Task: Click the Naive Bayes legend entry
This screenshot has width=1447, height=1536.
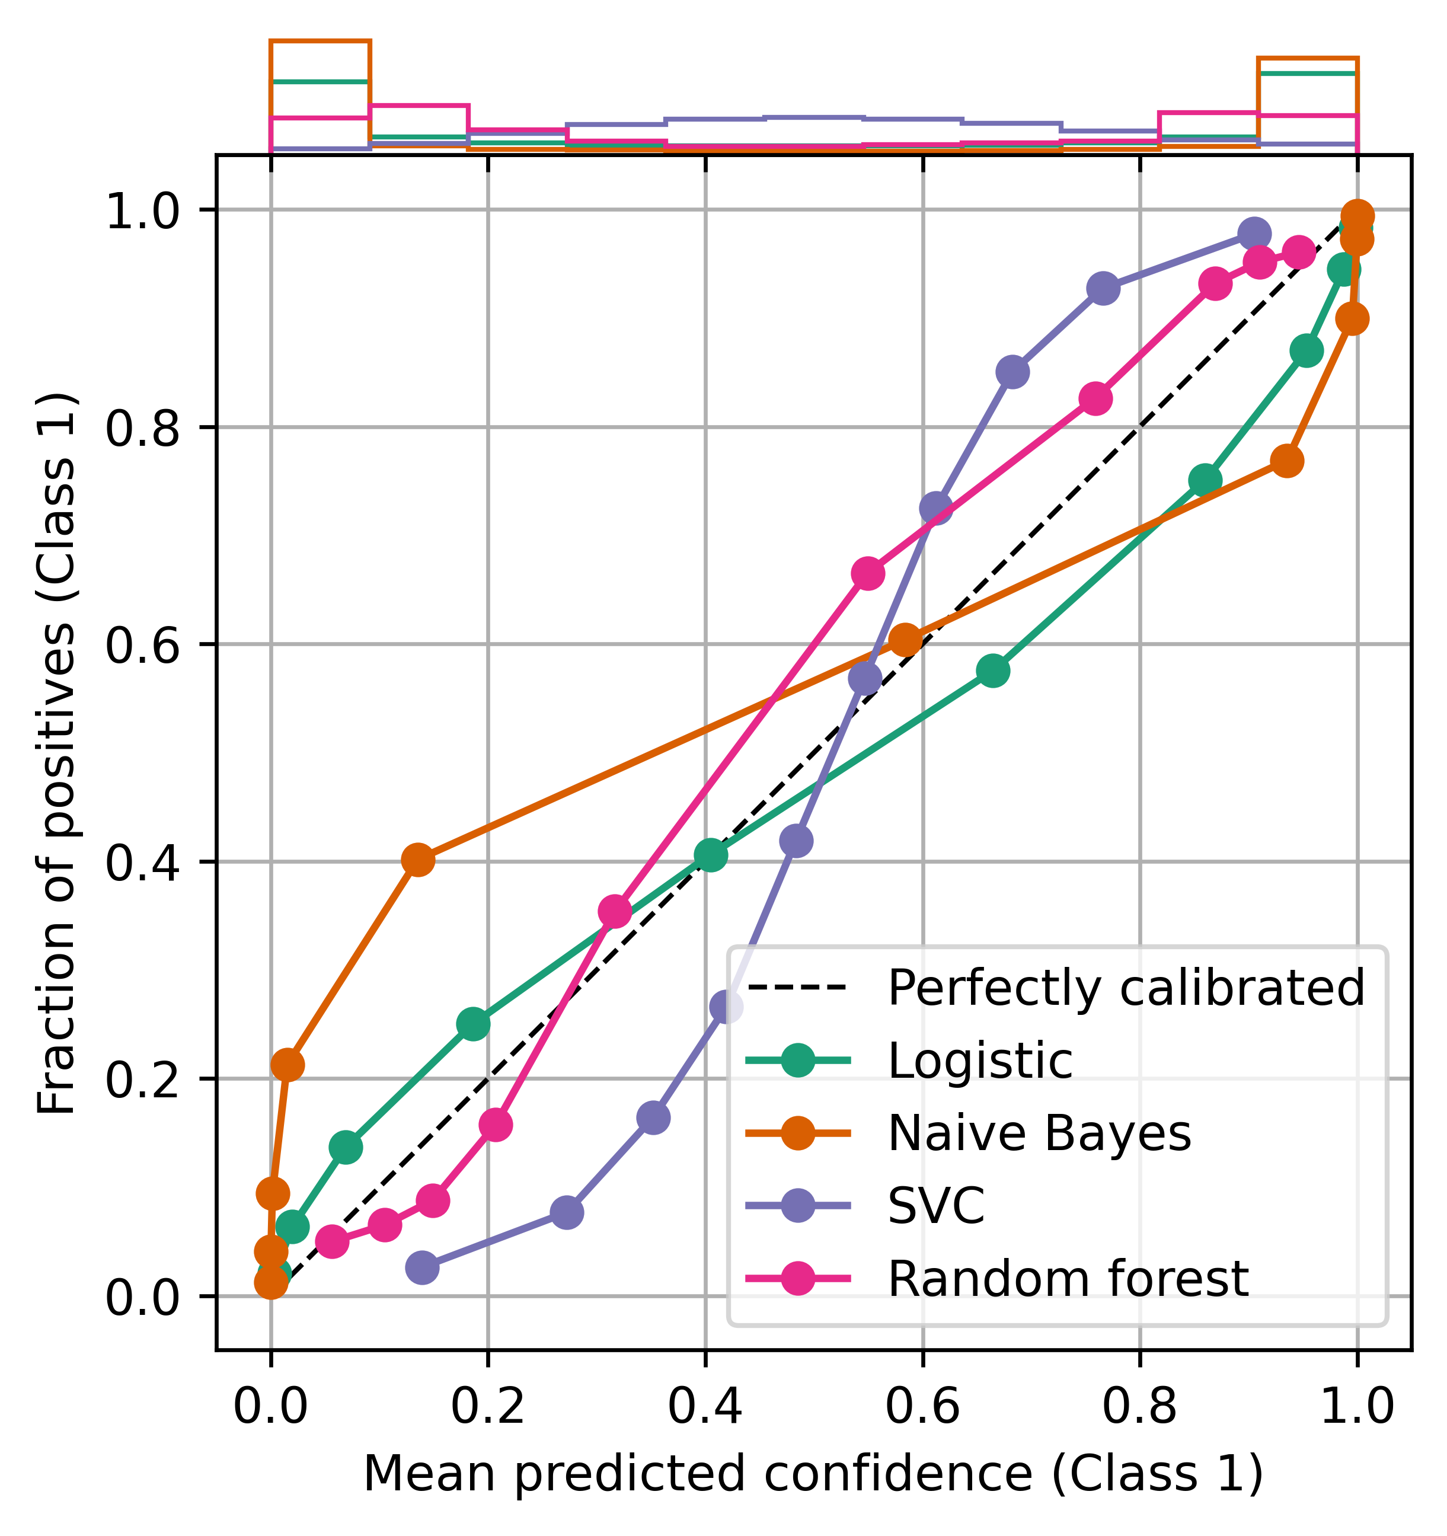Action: click(x=1039, y=1133)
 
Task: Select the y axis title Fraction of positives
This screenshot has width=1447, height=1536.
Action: click(x=58, y=753)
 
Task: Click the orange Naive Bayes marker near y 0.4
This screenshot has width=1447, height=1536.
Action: click(x=418, y=860)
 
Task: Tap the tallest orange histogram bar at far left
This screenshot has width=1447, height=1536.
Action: click(x=320, y=92)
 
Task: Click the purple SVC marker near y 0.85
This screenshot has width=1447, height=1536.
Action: click(x=1012, y=372)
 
